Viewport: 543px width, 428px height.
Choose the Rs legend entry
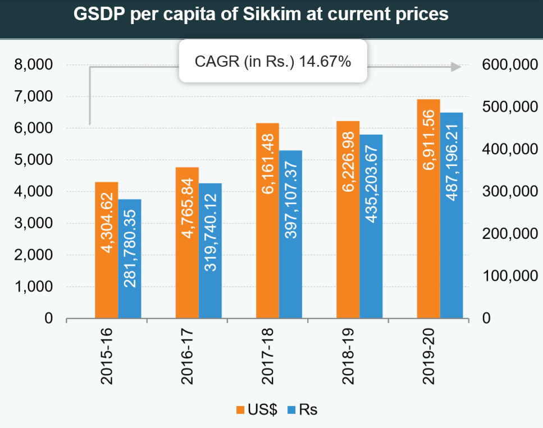coord(302,409)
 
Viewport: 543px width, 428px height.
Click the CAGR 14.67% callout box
coord(272,62)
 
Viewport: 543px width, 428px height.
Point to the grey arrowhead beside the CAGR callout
coord(455,67)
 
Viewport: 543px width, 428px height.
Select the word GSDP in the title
coord(99,15)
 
